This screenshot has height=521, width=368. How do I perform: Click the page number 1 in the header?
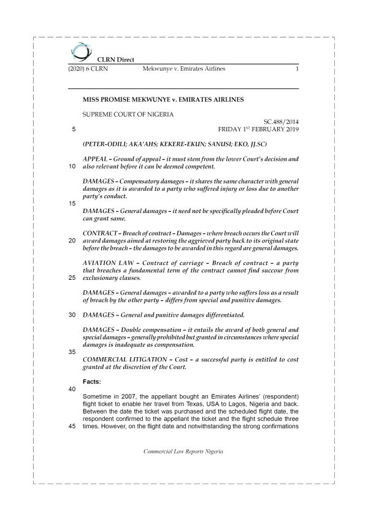click(x=296, y=69)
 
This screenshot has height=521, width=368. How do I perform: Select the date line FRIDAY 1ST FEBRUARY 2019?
click(x=258, y=130)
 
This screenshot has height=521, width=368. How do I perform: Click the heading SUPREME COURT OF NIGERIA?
click(x=128, y=114)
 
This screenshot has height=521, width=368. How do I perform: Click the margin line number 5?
click(x=74, y=130)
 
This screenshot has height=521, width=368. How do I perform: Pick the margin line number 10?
click(x=73, y=166)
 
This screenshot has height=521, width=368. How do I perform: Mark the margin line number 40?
click(x=73, y=389)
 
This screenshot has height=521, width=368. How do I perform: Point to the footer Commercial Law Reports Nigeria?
click(x=183, y=450)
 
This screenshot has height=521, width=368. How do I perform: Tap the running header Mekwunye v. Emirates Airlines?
click(x=183, y=69)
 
